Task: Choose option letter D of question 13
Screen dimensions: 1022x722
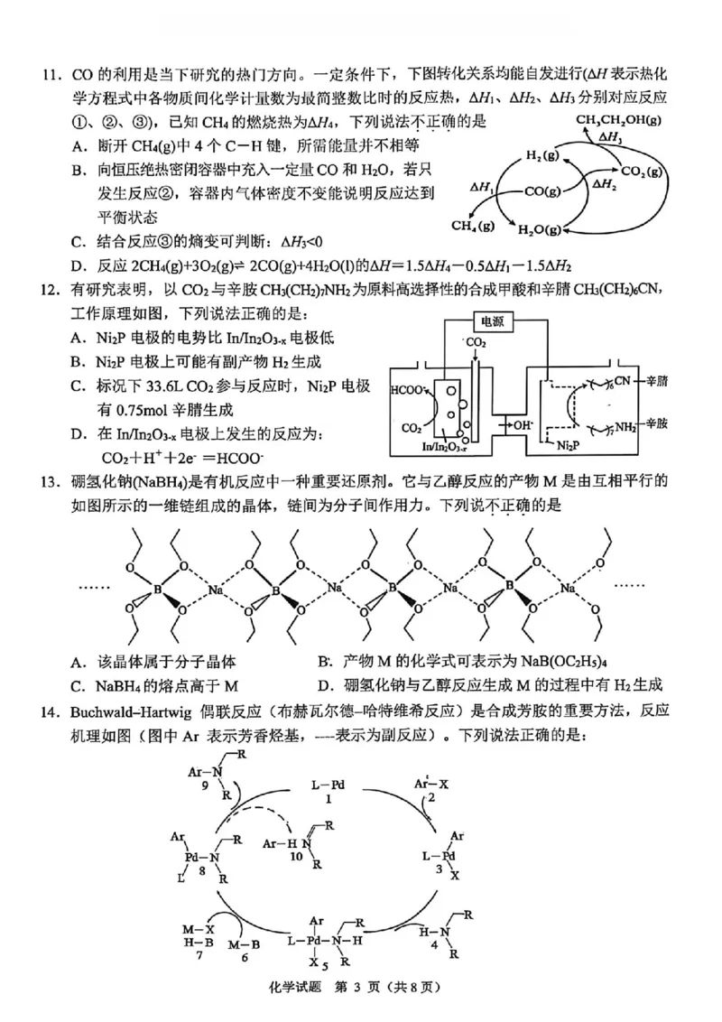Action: [x=323, y=685]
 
